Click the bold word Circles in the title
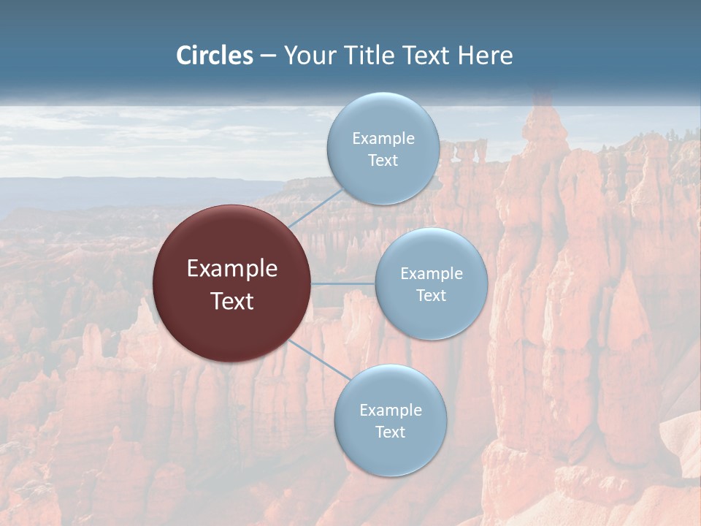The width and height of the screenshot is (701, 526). (x=215, y=56)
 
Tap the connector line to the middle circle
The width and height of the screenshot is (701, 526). (x=342, y=283)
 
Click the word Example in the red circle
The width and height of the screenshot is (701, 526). (x=231, y=269)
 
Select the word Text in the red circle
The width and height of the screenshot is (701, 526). (x=231, y=301)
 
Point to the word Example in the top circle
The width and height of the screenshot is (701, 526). (x=383, y=138)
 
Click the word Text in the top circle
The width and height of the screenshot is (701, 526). (x=383, y=160)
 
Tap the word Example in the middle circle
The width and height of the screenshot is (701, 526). (x=431, y=273)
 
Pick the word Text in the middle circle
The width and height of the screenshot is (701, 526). (x=431, y=295)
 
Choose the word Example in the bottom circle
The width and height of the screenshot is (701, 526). (x=390, y=410)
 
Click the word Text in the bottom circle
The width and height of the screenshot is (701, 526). (x=390, y=432)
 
